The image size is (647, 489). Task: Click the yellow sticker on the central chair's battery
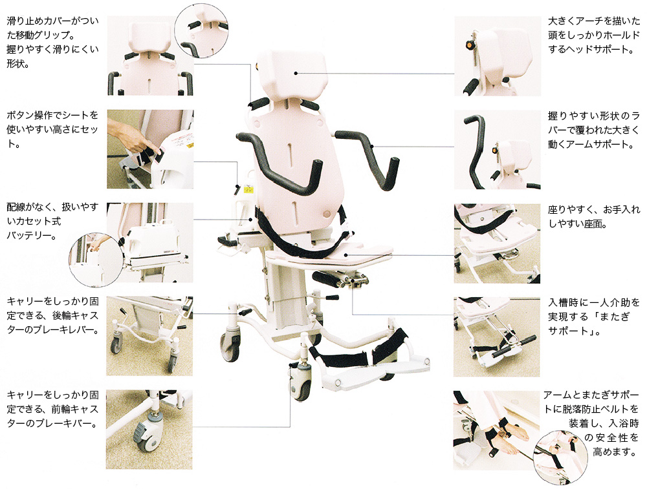pyautogui.click(x=248, y=190)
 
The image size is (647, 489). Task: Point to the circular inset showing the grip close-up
pyautogui.click(x=201, y=30)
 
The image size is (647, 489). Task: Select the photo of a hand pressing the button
pyautogui.click(x=150, y=149)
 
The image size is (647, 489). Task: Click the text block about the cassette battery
pyautogui.click(x=52, y=221)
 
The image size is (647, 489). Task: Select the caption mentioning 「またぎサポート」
pyautogui.click(x=593, y=317)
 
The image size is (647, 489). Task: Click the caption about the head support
pyautogui.click(x=593, y=35)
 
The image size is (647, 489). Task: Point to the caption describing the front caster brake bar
pyautogui.click(x=52, y=409)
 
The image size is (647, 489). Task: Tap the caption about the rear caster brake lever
pyautogui.click(x=52, y=316)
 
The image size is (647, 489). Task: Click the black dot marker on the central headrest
pyautogui.click(x=296, y=74)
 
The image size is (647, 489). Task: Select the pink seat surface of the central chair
pyautogui.click(x=330, y=255)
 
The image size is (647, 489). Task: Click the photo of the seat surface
pyautogui.click(x=497, y=243)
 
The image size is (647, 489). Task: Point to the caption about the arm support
pyautogui.click(x=593, y=130)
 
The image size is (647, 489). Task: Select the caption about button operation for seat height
pyautogui.click(x=52, y=129)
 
